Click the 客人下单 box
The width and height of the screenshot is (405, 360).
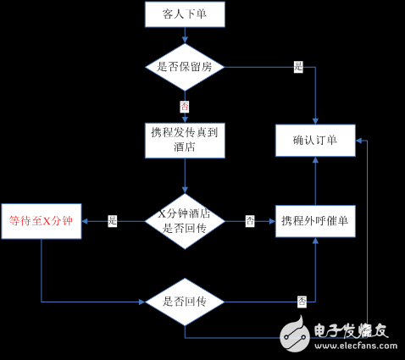coord(185,14)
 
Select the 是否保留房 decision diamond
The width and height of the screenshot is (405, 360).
coord(185,66)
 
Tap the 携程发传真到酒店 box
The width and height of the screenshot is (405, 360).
coord(185,141)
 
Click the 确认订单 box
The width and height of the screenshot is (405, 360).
coord(314,141)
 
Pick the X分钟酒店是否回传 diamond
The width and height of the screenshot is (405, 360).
coord(185,221)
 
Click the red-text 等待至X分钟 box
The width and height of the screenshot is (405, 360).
coord(42,221)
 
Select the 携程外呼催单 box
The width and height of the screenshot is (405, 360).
coord(314,221)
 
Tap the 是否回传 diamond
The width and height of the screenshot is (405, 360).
coord(185,301)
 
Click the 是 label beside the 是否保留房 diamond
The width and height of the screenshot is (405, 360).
coord(298,66)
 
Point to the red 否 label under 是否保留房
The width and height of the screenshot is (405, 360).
coord(185,107)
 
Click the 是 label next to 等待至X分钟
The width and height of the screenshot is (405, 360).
coord(113,221)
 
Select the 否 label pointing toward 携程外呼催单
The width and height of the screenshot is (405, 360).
coord(250,221)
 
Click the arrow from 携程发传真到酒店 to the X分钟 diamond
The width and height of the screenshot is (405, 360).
coord(185,176)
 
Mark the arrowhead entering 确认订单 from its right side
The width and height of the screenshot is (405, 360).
coord(359,141)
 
